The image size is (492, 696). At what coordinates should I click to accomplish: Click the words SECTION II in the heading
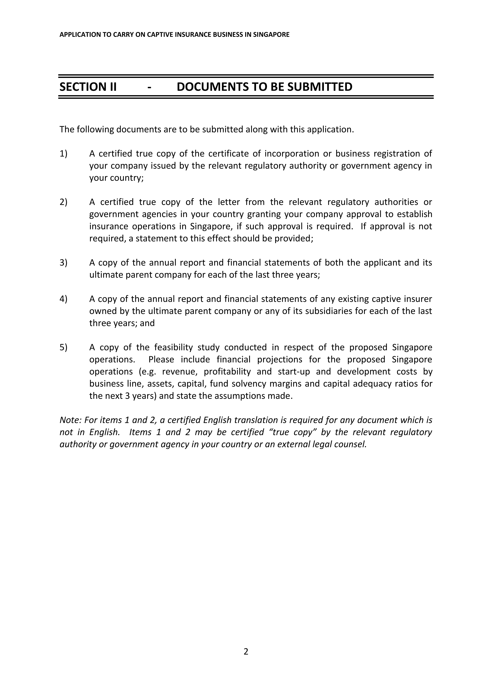[x=88, y=87]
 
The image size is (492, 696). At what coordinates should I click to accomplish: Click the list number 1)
[x=64, y=154]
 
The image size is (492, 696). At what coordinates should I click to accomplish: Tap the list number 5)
[x=64, y=347]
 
